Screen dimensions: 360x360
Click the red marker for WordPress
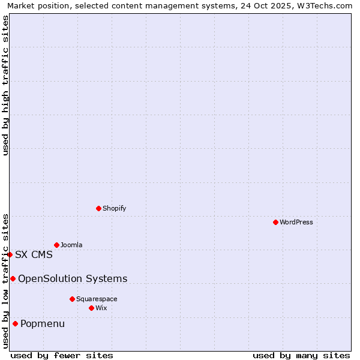(x=275, y=222)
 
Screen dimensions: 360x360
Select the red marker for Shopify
(x=98, y=208)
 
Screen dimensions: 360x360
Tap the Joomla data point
(x=56, y=245)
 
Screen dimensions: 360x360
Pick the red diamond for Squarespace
(x=72, y=299)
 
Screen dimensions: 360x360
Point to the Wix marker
(x=91, y=308)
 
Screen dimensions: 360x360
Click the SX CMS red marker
(x=10, y=254)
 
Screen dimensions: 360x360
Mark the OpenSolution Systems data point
(x=13, y=278)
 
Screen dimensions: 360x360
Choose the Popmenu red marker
(x=15, y=324)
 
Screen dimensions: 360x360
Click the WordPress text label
(x=296, y=223)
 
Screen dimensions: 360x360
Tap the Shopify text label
(x=115, y=209)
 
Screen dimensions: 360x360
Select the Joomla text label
(x=71, y=245)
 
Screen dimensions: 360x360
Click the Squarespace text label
(x=97, y=299)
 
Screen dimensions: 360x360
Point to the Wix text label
(x=101, y=308)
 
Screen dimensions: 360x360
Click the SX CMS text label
(x=34, y=254)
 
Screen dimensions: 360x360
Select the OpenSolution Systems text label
(x=73, y=278)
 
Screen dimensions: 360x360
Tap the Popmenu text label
(x=43, y=324)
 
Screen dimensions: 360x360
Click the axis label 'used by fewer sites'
(x=62, y=355)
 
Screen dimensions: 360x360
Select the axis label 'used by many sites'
(x=301, y=355)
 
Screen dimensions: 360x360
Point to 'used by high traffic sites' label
(x=5, y=85)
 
